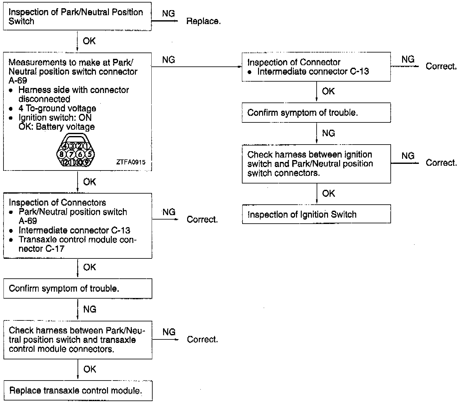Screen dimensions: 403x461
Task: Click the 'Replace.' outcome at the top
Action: [x=203, y=21]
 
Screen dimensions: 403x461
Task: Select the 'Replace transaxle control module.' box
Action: [x=78, y=391]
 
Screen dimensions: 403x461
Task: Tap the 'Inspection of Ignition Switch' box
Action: [x=316, y=214]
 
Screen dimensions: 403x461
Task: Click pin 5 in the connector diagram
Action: [x=90, y=154]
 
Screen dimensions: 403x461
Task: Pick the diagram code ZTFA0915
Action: [x=131, y=162]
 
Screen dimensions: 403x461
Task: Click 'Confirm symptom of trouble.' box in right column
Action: [x=316, y=113]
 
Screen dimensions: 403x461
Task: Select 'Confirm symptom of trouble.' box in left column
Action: [x=78, y=288]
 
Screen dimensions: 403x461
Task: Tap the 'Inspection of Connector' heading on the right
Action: [x=294, y=62]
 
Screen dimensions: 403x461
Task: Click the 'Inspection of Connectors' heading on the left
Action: [x=57, y=202]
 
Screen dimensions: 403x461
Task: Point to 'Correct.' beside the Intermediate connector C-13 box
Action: [x=441, y=66]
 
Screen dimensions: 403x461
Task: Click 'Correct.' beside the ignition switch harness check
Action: [x=441, y=163]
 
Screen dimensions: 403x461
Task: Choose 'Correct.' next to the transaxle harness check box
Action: [x=202, y=339]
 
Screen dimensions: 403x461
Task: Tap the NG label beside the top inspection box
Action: [x=168, y=13]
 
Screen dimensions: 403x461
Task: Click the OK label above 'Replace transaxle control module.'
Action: [x=90, y=369]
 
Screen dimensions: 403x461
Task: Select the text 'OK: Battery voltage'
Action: [x=57, y=127]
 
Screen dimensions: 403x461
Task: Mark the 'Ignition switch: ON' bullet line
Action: [x=55, y=118]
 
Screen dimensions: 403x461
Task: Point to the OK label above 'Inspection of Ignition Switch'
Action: [x=328, y=193]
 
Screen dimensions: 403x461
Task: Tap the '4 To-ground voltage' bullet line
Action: [x=57, y=108]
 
